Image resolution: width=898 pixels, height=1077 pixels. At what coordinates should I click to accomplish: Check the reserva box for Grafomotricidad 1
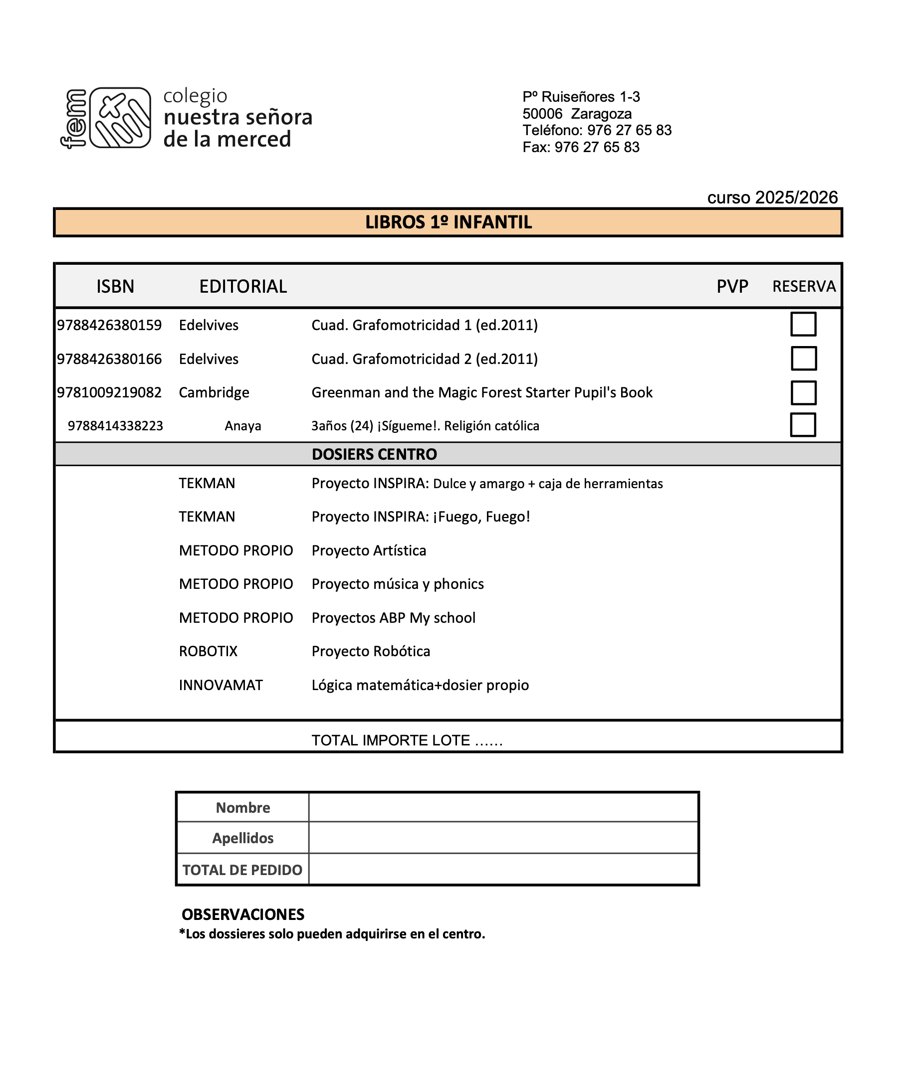tap(803, 324)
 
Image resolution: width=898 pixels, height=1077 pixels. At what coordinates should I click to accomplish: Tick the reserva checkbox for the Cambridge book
tap(803, 392)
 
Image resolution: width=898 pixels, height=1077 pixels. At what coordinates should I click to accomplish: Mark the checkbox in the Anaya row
tap(803, 425)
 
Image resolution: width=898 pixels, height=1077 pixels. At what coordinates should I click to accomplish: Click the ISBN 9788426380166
tap(109, 359)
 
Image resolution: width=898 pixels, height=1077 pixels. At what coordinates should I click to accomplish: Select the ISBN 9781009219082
tap(109, 392)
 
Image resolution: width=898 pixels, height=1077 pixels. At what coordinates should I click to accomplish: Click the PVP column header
tap(732, 286)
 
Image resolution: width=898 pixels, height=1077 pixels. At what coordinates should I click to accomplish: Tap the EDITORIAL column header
tap(243, 286)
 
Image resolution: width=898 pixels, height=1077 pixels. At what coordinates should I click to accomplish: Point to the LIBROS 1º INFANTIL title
tap(448, 222)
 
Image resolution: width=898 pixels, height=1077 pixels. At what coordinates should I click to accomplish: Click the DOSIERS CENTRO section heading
tap(374, 454)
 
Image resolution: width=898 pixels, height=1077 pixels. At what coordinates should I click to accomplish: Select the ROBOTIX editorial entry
tap(208, 651)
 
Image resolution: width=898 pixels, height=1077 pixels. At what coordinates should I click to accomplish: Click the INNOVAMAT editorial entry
tap(221, 685)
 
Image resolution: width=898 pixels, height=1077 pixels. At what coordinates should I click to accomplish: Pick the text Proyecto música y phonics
tap(397, 584)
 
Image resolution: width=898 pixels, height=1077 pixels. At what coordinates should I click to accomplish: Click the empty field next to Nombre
tap(503, 807)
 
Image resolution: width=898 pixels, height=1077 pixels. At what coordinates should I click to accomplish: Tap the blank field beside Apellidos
tap(503, 838)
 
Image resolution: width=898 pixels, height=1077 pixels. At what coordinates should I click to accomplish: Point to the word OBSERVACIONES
tap(243, 914)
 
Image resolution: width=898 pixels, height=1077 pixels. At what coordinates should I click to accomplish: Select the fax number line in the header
tap(581, 147)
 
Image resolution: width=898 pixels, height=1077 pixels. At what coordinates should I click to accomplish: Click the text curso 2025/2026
tap(772, 197)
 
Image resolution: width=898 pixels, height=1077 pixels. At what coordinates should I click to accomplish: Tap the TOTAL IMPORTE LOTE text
tap(407, 740)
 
